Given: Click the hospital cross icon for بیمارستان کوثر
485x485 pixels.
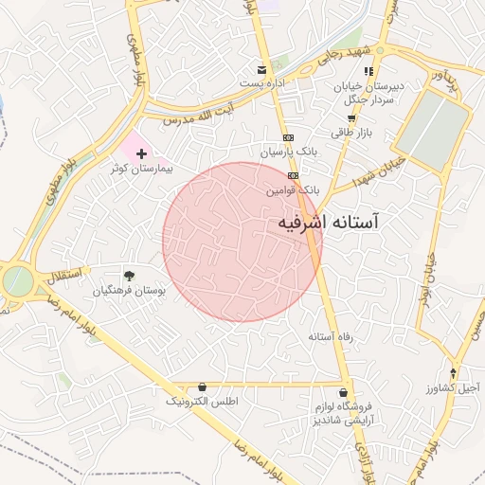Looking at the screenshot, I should [x=141, y=153].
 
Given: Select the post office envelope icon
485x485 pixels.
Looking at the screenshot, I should [x=262, y=70].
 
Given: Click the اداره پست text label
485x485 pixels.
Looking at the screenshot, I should [x=262, y=84].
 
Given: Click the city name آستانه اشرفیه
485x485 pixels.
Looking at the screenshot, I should [x=328, y=223].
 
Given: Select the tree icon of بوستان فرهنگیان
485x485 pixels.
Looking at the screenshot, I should [x=129, y=277].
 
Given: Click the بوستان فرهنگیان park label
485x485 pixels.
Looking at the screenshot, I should [x=129, y=292].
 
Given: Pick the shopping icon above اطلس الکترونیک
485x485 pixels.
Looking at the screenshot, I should [x=203, y=387].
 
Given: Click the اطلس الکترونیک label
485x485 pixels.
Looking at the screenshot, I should [x=203, y=402].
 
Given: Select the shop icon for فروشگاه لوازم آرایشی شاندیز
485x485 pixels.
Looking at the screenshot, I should [x=343, y=392].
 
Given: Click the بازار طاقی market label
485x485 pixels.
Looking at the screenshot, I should [x=351, y=133].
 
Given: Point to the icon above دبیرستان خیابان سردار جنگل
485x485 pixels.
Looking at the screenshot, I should [x=368, y=71].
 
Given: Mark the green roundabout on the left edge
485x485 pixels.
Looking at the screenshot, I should [x=16, y=280].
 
